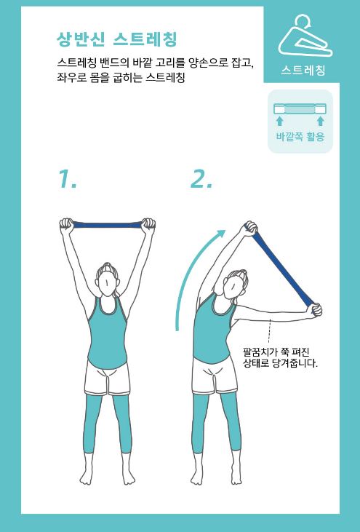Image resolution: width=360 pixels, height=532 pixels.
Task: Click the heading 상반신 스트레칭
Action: click(x=117, y=40)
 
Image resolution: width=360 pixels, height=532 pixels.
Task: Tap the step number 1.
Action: click(x=68, y=179)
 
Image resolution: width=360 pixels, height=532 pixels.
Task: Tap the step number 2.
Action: click(x=201, y=179)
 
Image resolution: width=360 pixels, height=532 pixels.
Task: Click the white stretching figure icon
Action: click(x=305, y=35)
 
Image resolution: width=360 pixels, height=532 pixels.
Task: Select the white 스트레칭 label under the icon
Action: click(x=303, y=70)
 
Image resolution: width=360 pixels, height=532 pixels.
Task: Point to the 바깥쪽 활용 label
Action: click(x=300, y=136)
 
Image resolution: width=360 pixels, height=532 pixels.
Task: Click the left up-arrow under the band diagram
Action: click(x=279, y=121)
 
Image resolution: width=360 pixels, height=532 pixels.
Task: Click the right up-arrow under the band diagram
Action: click(x=320, y=121)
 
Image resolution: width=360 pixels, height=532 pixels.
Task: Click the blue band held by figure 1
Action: click(x=107, y=225)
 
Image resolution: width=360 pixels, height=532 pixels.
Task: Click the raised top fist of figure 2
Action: click(x=250, y=229)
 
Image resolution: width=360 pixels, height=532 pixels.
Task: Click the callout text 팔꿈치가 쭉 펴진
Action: click(x=276, y=352)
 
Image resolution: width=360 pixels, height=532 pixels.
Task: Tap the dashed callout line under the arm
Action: click(x=269, y=331)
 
